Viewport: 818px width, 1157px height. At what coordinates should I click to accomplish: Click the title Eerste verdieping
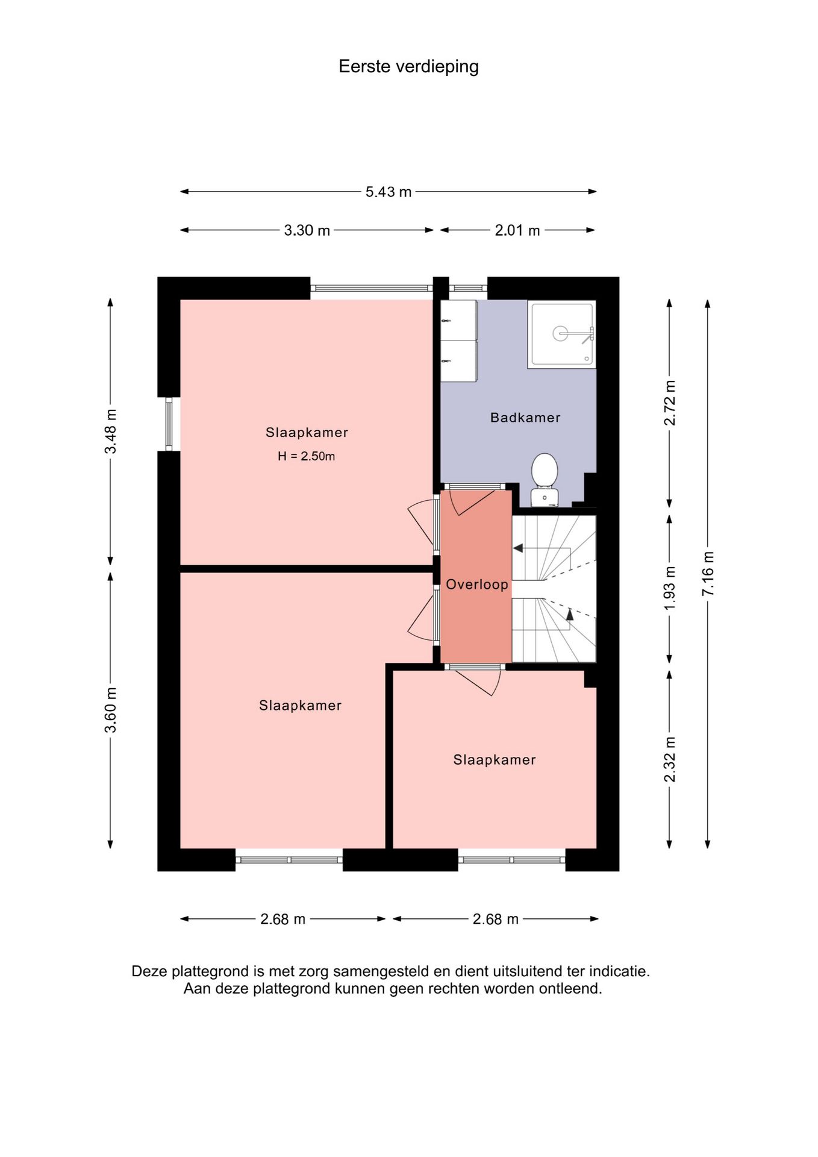(408, 67)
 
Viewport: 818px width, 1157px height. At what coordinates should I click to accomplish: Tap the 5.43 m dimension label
(389, 192)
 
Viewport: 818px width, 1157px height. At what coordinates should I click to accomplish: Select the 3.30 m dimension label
(307, 230)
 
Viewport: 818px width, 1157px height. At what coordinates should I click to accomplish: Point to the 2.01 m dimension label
(517, 230)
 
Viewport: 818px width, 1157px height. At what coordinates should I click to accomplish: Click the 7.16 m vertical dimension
(708, 574)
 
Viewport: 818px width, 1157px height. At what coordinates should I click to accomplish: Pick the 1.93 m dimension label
(669, 588)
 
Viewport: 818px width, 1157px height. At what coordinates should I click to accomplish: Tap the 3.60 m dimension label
(110, 710)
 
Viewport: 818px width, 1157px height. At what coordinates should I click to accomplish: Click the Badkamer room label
(525, 418)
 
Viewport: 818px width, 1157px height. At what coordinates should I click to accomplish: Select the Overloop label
(477, 585)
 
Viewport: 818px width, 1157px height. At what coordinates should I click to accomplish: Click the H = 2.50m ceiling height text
(306, 456)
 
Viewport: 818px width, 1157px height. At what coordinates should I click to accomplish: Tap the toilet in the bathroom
(545, 479)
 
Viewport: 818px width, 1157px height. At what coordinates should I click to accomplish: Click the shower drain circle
(560, 333)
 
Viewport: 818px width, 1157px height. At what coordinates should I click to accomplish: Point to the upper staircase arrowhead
(517, 548)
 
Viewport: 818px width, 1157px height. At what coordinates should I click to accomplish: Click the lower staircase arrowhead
(570, 615)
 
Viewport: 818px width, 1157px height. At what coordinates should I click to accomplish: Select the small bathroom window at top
(468, 288)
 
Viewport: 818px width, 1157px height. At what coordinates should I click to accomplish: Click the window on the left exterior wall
(169, 424)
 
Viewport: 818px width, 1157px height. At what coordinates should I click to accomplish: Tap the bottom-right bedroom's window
(511, 860)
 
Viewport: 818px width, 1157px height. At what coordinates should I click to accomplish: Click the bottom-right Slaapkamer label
(495, 760)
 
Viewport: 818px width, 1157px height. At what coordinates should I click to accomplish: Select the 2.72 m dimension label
(669, 403)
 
